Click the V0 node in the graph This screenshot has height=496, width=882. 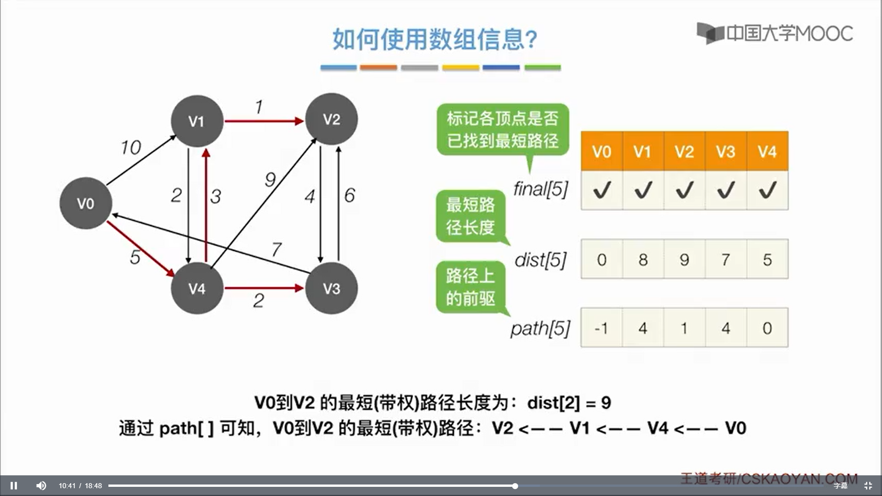[86, 203]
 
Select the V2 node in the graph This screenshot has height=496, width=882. [331, 119]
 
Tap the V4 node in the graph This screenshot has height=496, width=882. [197, 288]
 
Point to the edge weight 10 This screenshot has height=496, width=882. [130, 147]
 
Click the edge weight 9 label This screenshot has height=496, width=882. [270, 179]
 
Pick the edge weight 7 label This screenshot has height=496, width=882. [276, 249]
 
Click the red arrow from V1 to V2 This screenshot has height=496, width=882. [264, 121]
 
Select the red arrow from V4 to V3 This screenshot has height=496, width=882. [264, 288]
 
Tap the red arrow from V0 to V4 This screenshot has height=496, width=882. [140, 248]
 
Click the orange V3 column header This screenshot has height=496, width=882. [726, 151]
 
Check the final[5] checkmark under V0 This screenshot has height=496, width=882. [602, 190]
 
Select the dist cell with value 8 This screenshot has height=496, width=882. [643, 259]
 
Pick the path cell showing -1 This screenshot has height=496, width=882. [601, 328]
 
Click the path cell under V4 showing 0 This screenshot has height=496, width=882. [767, 328]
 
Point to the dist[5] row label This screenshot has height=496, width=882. [541, 260]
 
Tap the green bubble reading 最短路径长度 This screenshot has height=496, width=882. [470, 216]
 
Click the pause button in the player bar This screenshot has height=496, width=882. [14, 485]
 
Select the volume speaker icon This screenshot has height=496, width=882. [41, 485]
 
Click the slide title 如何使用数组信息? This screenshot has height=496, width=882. [435, 39]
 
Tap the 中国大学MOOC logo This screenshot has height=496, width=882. [775, 33]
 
